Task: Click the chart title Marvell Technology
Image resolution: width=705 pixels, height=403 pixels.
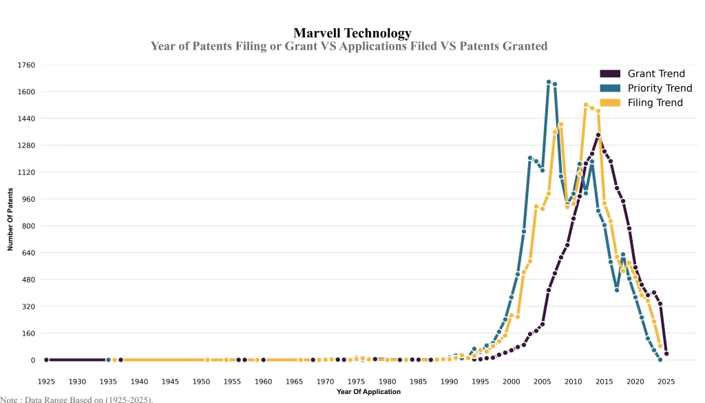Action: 352,32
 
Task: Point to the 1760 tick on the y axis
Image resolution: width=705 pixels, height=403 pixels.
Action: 26,65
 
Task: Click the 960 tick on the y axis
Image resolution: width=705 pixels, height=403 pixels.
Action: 28,199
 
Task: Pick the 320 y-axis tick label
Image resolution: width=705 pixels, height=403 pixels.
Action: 28,307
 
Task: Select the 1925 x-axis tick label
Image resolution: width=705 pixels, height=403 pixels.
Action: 46,382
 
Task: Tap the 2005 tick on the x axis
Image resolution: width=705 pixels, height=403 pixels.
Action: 542,382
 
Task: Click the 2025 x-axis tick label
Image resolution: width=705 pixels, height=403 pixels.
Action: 666,382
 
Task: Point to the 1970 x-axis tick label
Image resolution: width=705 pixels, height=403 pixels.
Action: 325,382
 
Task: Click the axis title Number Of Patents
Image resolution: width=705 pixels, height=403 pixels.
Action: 10,219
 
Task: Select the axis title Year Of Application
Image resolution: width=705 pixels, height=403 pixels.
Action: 368,392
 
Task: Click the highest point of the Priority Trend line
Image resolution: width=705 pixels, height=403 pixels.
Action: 549,82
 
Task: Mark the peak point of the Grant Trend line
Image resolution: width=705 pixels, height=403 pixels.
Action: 598,135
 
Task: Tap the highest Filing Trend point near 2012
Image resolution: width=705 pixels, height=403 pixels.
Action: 586,105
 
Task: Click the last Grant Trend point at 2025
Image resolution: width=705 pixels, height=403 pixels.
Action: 666,354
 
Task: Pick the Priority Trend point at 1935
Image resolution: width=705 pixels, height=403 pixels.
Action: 108,360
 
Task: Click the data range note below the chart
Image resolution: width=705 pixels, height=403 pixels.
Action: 76,399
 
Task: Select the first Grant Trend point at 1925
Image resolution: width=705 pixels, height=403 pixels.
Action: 46,360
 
